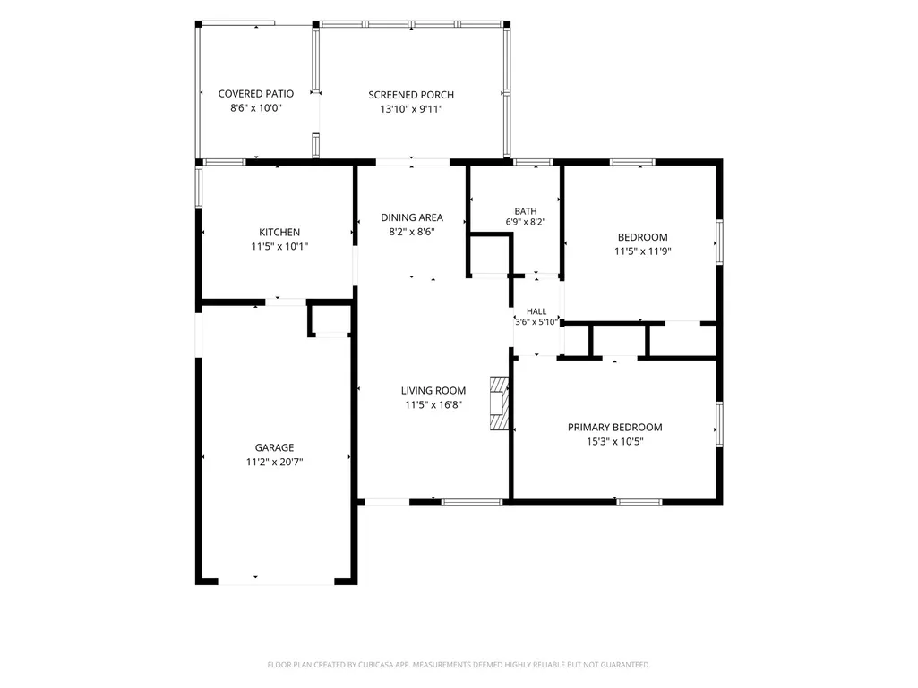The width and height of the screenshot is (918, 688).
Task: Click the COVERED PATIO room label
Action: point(256,94)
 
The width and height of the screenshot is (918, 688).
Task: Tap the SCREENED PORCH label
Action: point(411,95)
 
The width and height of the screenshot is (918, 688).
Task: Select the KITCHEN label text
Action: point(279,233)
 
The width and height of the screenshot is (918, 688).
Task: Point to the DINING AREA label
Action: point(412,217)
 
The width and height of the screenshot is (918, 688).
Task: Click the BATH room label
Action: point(526,211)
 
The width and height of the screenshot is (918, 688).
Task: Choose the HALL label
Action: point(536,312)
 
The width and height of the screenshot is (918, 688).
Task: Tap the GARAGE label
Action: point(274,447)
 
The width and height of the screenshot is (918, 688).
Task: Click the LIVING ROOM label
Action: point(433,391)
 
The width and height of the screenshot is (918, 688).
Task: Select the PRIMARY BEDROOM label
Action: point(614,428)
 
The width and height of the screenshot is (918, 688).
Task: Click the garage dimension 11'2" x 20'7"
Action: point(274,463)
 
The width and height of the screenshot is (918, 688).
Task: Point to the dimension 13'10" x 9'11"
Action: point(411,109)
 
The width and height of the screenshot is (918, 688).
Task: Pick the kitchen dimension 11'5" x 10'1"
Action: point(279,247)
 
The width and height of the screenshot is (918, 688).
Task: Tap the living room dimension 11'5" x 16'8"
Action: point(433,405)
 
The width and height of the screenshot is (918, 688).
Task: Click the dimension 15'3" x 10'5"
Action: point(614,442)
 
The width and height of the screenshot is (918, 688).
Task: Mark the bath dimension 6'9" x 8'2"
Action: point(526,222)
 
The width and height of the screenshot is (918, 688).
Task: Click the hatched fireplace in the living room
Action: point(499,403)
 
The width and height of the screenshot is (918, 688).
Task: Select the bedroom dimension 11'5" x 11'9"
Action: point(642,251)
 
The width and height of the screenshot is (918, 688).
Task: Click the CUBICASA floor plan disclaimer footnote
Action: point(459,665)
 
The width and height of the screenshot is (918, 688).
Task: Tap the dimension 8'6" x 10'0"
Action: point(256,108)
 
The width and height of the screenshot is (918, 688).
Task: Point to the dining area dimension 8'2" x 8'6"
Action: point(412,232)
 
